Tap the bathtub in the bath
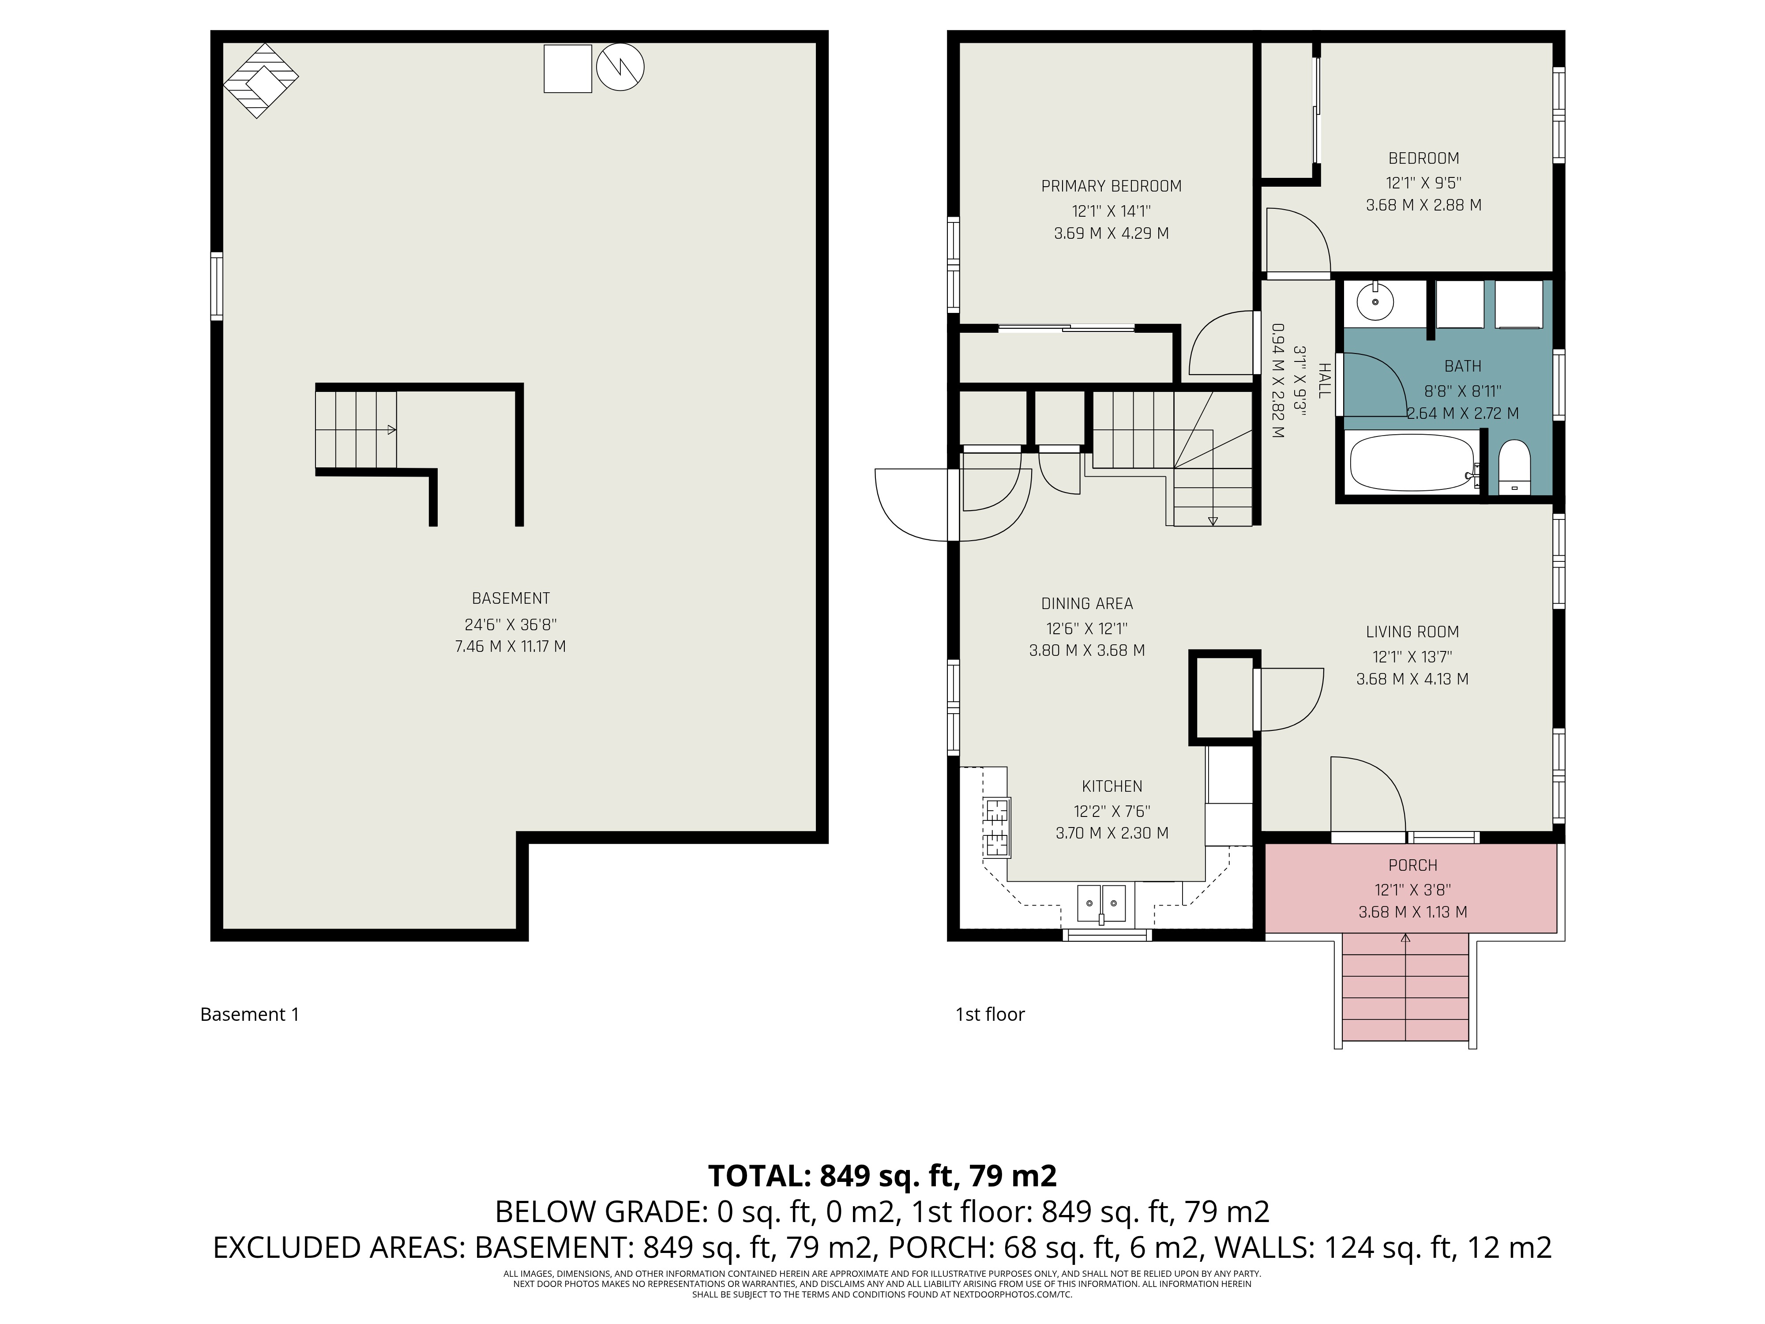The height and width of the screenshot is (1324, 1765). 1411,463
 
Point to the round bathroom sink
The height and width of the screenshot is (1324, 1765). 1375,302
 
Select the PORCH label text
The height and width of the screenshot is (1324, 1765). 1412,865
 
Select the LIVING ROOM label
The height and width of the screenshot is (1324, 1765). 1412,632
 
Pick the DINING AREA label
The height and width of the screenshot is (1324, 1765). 1087,604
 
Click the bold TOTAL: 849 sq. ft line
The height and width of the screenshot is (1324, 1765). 882,1176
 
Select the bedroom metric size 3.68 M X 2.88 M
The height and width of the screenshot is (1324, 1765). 1423,205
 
